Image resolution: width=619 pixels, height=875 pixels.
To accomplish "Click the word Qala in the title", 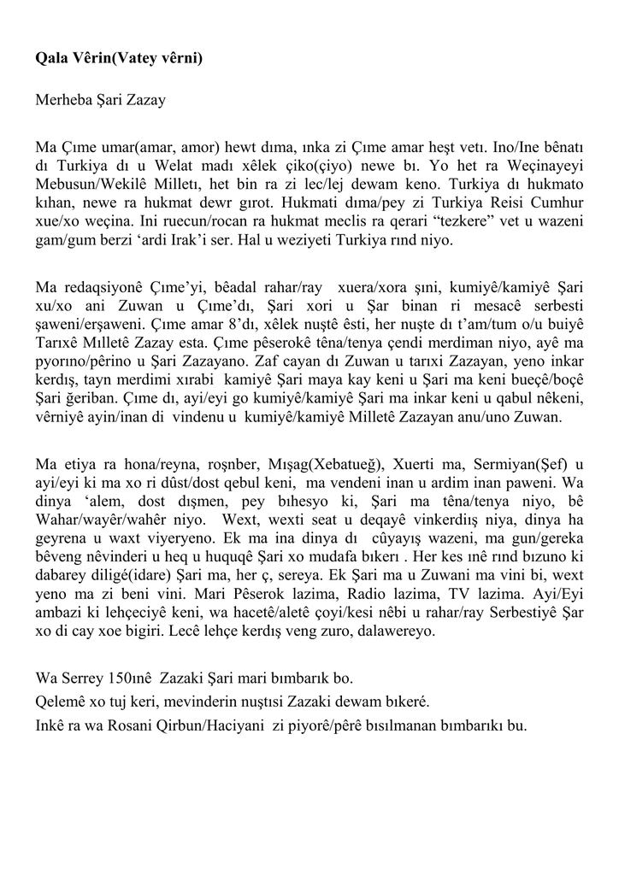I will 50,58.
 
